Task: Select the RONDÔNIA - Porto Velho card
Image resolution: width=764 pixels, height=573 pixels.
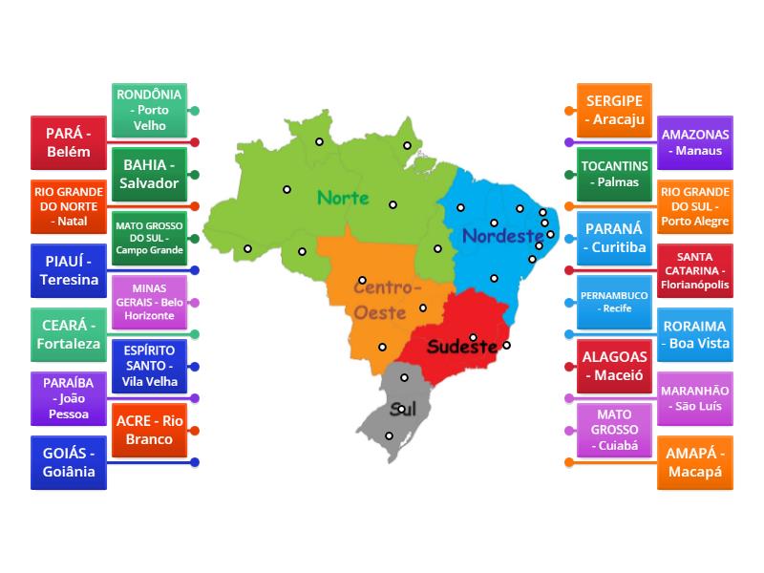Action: click(148, 110)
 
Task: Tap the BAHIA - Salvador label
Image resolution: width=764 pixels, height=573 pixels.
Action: click(148, 174)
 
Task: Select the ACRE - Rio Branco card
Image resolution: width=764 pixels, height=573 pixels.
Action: click(148, 430)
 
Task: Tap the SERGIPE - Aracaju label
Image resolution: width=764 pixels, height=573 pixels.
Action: click(615, 110)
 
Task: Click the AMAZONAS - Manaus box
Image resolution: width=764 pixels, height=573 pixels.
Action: click(695, 142)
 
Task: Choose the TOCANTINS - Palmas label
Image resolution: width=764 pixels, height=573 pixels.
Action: click(615, 174)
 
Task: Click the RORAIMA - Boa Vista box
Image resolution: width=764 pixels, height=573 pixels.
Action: click(695, 334)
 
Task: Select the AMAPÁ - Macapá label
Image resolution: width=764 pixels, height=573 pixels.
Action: click(695, 462)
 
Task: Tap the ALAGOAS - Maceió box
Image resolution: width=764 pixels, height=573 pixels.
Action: click(615, 366)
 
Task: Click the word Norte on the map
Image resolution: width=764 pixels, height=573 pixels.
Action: click(343, 198)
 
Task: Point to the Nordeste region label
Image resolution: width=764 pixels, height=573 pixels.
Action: click(497, 236)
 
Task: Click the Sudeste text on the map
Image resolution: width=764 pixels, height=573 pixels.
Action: click(462, 346)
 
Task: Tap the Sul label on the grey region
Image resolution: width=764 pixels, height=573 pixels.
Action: click(403, 409)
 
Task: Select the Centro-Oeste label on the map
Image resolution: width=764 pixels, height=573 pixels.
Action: click(386, 299)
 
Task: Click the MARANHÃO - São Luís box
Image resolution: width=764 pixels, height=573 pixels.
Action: click(695, 398)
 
